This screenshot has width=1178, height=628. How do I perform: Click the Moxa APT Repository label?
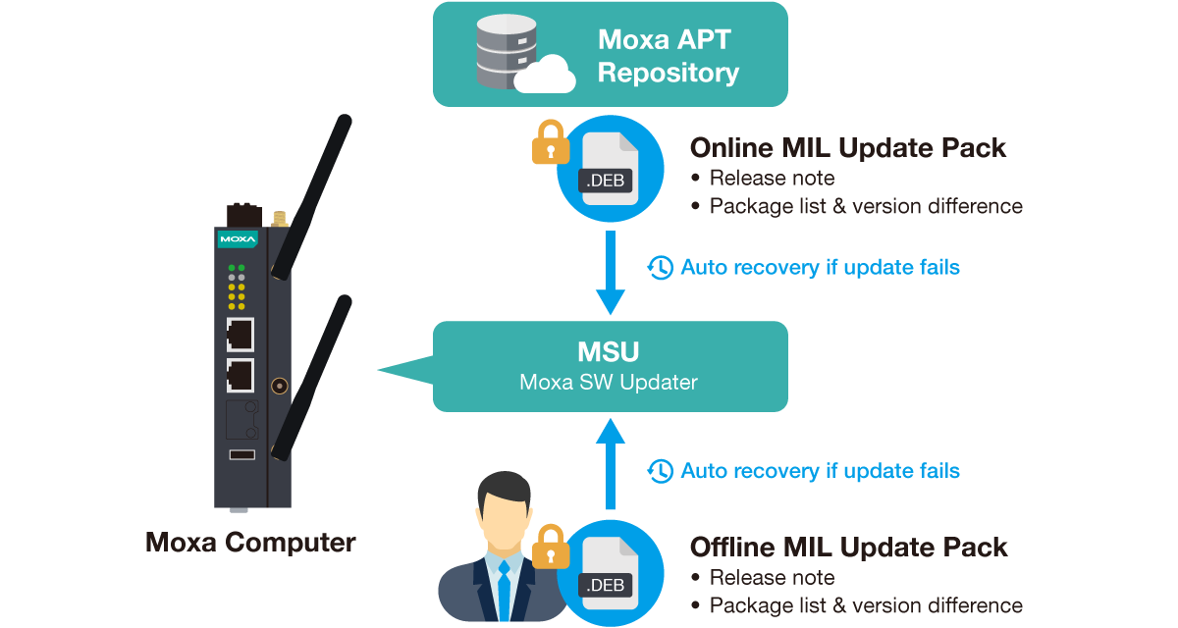click(668, 57)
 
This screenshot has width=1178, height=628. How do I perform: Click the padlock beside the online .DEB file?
click(551, 142)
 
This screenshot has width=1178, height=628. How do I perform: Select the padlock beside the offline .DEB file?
click(551, 548)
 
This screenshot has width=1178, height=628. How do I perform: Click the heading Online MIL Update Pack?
click(848, 148)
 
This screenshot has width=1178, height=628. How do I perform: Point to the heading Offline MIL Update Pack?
click(849, 548)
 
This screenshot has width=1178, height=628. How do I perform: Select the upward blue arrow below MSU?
click(611, 462)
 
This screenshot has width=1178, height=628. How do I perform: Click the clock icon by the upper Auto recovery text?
click(661, 267)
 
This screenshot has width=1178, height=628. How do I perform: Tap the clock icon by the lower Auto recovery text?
click(661, 471)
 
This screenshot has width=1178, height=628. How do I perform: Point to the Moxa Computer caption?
click(250, 543)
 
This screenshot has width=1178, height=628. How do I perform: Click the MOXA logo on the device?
click(238, 238)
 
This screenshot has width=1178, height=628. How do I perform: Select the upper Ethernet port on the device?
click(240, 335)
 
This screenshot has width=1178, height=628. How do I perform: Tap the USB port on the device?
click(241, 453)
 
